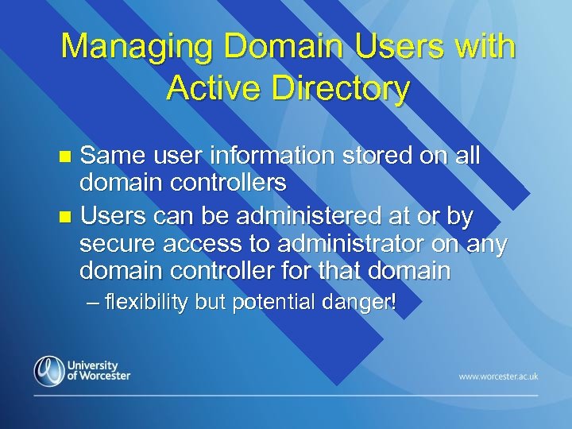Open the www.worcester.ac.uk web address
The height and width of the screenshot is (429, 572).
(x=497, y=375)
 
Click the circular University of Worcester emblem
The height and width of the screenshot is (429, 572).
(x=48, y=370)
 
